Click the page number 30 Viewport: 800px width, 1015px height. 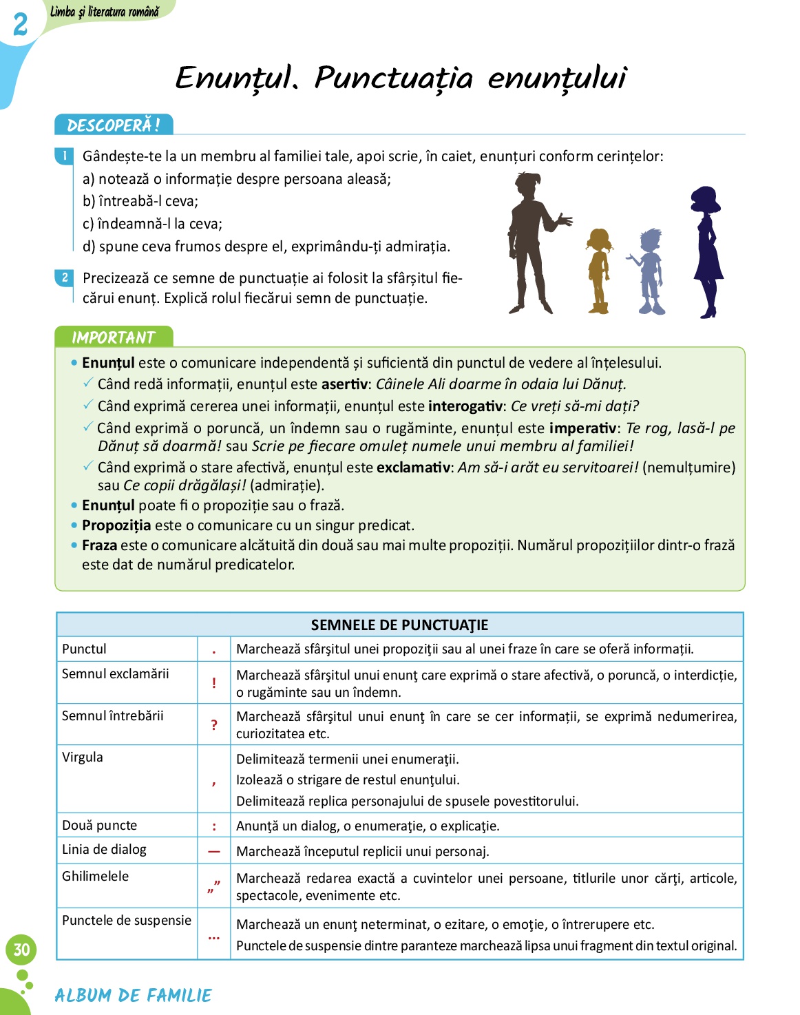(21, 950)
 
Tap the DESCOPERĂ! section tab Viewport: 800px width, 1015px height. (114, 125)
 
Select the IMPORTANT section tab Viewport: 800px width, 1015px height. (114, 337)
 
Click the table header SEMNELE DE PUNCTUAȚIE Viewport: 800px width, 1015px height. (399, 625)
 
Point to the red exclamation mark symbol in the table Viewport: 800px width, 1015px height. (214, 683)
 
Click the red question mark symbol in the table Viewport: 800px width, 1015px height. (214, 724)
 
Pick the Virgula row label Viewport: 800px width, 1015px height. (83, 757)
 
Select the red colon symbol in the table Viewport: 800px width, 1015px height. (214, 826)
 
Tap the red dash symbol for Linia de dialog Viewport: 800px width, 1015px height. (214, 851)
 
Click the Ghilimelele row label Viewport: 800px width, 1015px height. (95, 876)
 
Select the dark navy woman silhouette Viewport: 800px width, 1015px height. (706, 251)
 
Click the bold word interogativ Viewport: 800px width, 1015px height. (465, 406)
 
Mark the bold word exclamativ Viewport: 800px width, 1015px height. (413, 468)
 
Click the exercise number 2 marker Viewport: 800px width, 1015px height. (65, 278)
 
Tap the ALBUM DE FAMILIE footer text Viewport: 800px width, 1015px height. (133, 995)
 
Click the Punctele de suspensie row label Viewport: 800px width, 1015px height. (127, 920)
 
